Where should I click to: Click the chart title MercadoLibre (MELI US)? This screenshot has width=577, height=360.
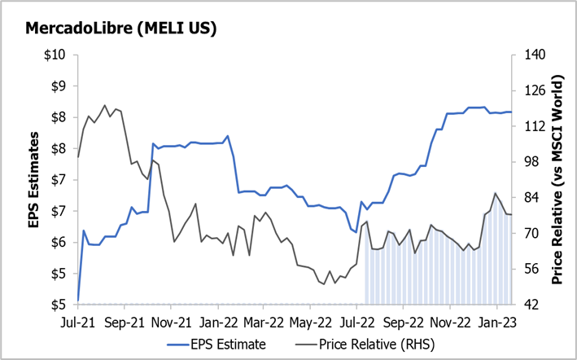click(121, 29)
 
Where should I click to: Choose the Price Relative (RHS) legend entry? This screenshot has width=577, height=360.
click(370, 344)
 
